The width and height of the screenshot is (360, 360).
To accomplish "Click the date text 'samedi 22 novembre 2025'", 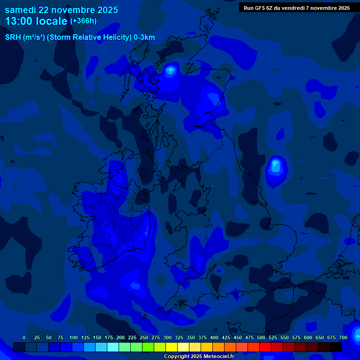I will (x=61, y=10).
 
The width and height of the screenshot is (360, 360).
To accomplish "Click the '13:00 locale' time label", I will (x=36, y=21).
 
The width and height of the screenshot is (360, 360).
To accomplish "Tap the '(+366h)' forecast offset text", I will (x=83, y=21).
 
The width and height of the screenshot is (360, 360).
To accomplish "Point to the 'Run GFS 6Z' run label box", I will (x=297, y=7).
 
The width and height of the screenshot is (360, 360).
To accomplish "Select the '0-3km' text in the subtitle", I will (x=144, y=37).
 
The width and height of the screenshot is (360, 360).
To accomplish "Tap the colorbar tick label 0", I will (x=24, y=337).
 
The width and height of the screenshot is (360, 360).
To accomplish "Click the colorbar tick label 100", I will (x=74, y=337).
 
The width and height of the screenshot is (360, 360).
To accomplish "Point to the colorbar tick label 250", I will (x=144, y=337).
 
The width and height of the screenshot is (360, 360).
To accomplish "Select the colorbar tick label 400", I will (x=214, y=337).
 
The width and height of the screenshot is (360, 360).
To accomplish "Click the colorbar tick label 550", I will (x=285, y=337).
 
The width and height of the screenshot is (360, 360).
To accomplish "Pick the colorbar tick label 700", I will (x=343, y=337).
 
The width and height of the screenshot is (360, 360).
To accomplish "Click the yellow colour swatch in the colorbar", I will (x=172, y=347).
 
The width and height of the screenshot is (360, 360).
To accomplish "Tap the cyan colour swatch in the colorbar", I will (x=113, y=347).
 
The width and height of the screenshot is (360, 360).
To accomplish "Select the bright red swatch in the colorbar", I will (x=265, y=347).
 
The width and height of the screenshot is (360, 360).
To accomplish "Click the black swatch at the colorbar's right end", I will (x=336, y=347).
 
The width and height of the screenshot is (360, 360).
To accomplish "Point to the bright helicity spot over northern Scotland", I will (x=170, y=71).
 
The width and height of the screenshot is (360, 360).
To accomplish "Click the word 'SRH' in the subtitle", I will (x=13, y=37).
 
